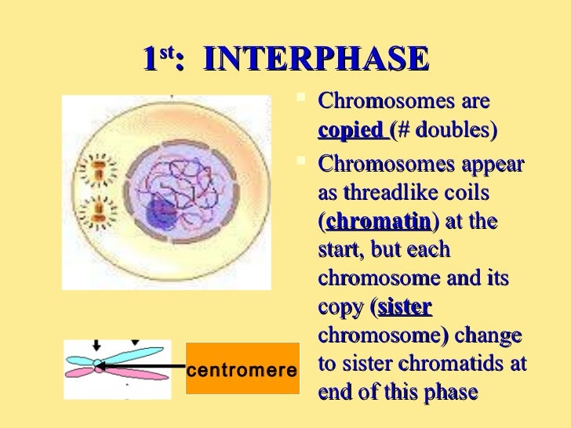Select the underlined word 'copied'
coord(351,131)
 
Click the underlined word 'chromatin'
coord(378,222)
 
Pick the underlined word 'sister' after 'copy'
coord(405,307)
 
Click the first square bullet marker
coord(305,100)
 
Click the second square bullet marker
coord(305,162)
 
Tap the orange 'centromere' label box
coord(242,368)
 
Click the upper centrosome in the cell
coord(100,167)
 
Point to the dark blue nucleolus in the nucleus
coord(163,209)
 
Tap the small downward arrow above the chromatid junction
coord(96,345)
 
